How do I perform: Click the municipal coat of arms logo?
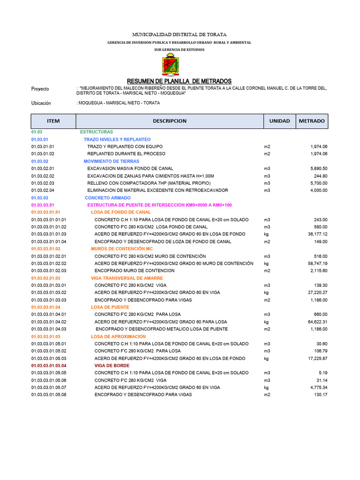[170, 65]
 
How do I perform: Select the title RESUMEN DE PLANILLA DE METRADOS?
[179, 81]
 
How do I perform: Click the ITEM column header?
[53, 121]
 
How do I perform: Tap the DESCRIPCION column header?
[170, 121]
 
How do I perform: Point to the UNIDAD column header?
[279, 121]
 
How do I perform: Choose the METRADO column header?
[312, 121]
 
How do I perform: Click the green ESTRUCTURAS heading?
[97, 132]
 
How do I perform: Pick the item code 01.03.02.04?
[43, 190]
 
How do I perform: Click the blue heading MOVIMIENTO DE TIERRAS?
[112, 161]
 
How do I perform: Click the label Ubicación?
[41, 103]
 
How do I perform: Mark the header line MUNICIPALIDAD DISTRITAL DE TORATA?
[179, 35]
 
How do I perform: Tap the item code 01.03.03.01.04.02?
[49, 322]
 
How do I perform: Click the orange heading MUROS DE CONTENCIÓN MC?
[122, 249]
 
